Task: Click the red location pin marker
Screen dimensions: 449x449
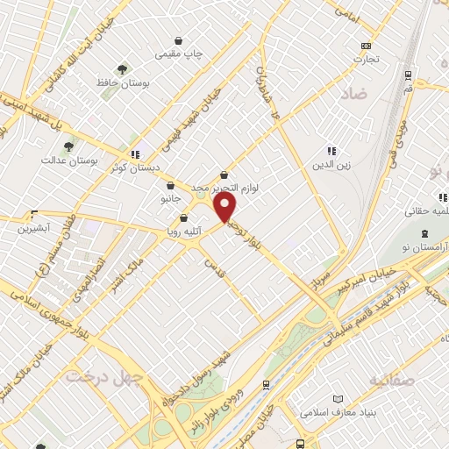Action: coord(225,207)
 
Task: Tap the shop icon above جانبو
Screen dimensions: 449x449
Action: coord(171,185)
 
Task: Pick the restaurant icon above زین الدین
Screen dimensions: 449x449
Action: coord(331,151)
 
